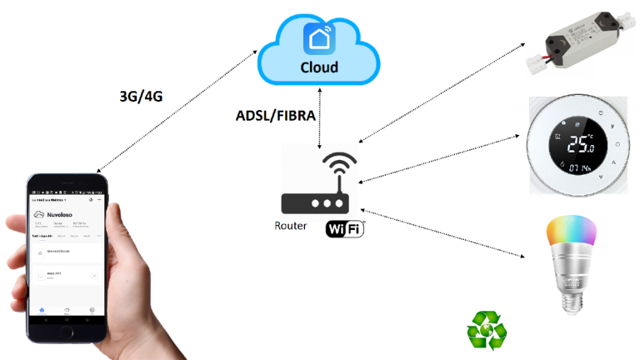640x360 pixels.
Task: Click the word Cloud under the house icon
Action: pyautogui.click(x=318, y=67)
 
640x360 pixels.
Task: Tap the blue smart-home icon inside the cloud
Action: pyautogui.click(x=318, y=37)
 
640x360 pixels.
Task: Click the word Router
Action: pyautogui.click(x=291, y=226)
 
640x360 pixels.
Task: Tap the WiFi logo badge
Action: pyautogui.click(x=345, y=227)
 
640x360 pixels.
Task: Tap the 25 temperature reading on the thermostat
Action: pyautogui.click(x=578, y=146)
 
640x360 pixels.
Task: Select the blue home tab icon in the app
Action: pyautogui.click(x=41, y=309)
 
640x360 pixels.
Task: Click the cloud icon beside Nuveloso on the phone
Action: pyautogui.click(x=40, y=213)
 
